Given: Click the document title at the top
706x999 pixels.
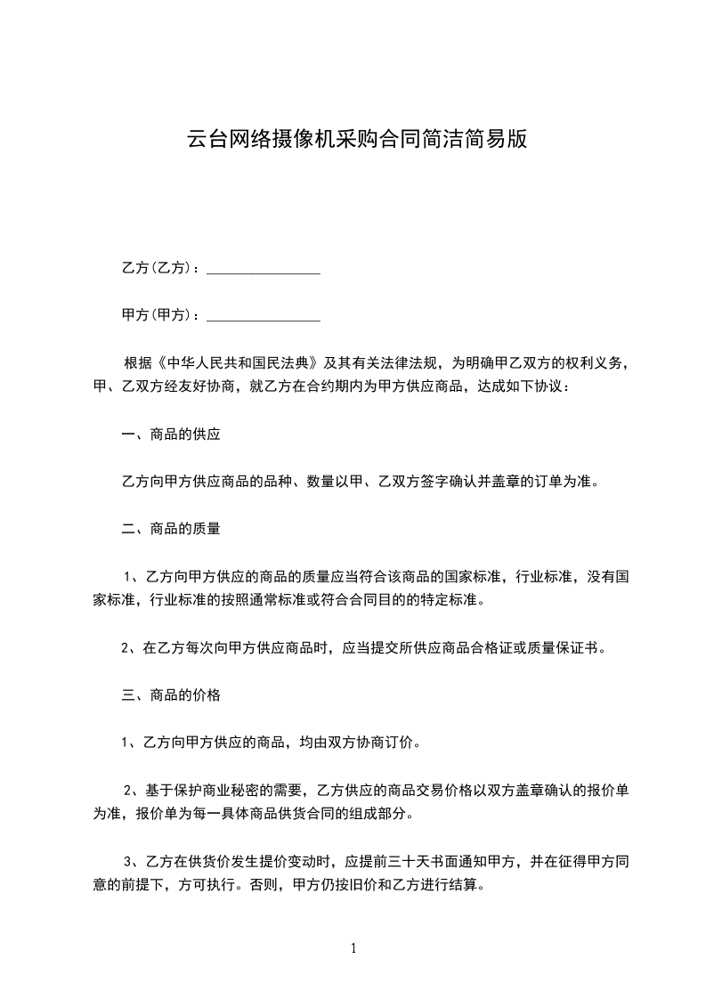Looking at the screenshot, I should click(356, 140).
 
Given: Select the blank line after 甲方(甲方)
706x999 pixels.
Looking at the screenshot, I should click(264, 315).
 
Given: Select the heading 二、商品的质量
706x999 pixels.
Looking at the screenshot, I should click(171, 529).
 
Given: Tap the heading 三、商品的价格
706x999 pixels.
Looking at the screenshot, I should click(171, 695).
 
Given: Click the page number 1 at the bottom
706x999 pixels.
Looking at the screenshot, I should click(353, 948).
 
